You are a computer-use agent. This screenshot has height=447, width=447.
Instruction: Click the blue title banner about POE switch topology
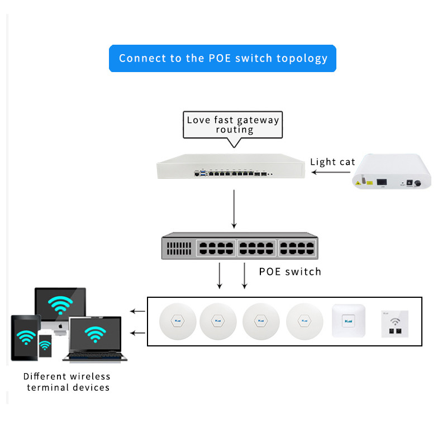point(222,58)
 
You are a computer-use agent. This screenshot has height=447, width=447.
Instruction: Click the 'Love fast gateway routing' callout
point(233,124)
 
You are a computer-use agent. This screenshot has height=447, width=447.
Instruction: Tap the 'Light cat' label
point(332,162)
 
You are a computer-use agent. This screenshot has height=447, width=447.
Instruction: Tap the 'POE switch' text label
point(290,272)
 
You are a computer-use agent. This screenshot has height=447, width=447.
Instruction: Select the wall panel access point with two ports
point(394,324)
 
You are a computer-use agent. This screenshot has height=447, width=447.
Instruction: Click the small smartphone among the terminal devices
point(45,348)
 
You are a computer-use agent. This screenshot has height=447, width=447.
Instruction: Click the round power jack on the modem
point(416,182)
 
